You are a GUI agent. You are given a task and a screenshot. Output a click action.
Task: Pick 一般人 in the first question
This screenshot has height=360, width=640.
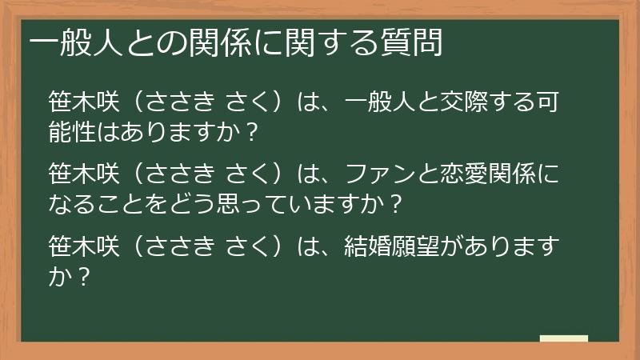point(381,103)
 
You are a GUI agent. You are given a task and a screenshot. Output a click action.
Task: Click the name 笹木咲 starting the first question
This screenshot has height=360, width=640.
point(84,103)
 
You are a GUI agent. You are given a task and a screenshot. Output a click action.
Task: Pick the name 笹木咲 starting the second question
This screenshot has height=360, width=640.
point(84,174)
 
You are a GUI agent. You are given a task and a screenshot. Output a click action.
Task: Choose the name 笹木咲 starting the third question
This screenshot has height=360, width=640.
point(84,245)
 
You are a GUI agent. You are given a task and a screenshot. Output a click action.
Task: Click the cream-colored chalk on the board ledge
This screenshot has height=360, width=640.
point(564,338)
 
